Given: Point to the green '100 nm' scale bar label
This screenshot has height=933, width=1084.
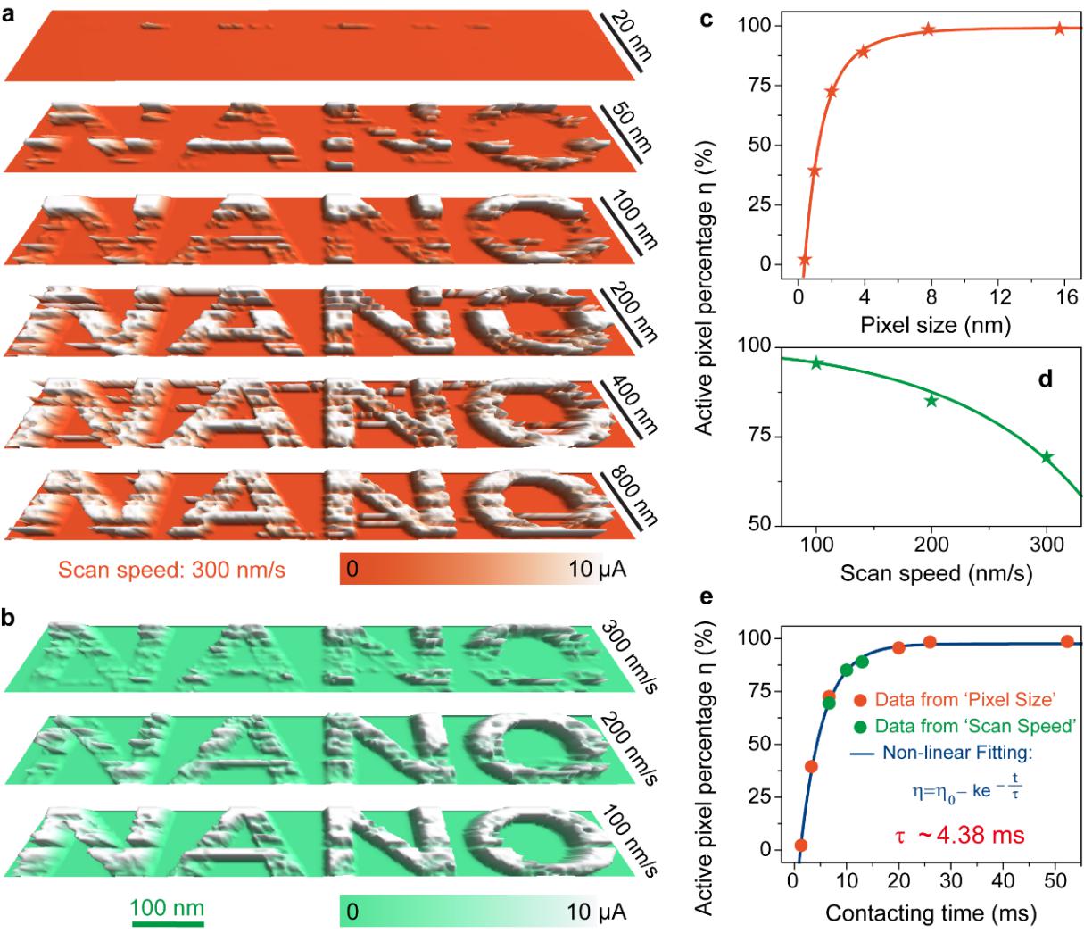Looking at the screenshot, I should (x=168, y=909).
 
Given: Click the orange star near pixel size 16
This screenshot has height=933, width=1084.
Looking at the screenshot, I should (x=1059, y=29).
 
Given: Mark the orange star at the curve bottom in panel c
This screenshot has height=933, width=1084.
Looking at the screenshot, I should (x=805, y=261).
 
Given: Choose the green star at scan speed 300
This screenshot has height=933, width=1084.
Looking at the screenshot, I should (x=1047, y=457).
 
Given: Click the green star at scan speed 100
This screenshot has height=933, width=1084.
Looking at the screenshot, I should (x=816, y=362).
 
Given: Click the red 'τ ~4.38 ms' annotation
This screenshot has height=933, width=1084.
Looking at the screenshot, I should (x=960, y=836).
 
